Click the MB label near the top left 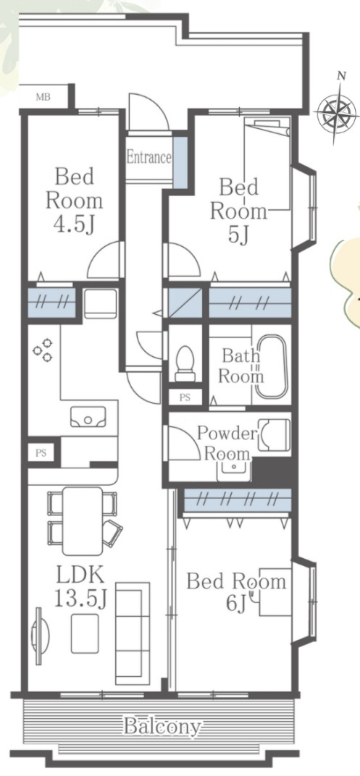(43, 97)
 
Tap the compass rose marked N (337, 112)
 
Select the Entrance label (149, 158)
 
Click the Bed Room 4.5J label (75, 201)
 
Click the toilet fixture (185, 363)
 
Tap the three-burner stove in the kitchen (43, 350)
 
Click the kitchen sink (88, 417)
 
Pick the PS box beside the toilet (185, 397)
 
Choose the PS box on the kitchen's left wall (41, 452)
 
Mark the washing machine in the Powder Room (274, 435)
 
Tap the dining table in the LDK (83, 520)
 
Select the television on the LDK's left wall (40, 636)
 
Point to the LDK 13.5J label (80, 587)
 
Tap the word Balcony (162, 727)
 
